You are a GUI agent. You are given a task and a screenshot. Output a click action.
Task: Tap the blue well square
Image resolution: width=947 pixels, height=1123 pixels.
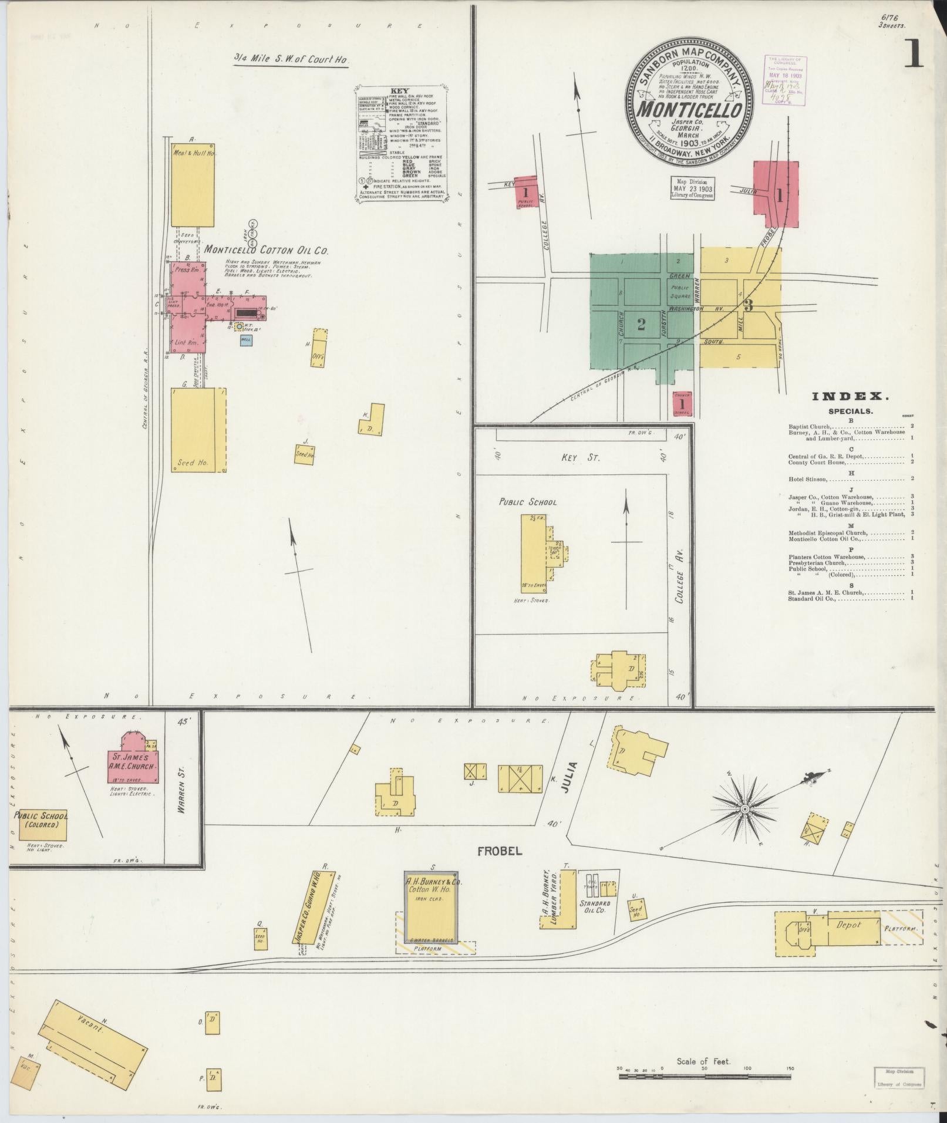247,339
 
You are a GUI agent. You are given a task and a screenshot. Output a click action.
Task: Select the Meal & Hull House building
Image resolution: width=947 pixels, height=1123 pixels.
193,185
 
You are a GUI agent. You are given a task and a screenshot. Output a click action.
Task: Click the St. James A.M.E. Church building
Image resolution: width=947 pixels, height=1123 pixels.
133,758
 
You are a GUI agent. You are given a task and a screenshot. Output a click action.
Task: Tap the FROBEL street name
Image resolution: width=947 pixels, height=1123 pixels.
491,851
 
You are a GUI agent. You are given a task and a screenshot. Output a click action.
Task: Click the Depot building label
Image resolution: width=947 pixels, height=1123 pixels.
848,925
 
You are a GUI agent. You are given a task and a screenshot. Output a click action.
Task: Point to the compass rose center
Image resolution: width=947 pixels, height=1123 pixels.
744,810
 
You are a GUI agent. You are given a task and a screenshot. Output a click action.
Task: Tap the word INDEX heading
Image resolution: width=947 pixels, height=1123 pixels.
850,397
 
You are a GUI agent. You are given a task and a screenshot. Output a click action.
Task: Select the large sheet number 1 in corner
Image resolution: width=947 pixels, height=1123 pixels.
914,55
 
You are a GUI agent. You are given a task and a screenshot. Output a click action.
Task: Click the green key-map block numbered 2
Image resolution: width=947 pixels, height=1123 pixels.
641,324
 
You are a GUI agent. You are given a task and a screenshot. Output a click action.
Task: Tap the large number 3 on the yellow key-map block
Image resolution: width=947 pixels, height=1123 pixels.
748,305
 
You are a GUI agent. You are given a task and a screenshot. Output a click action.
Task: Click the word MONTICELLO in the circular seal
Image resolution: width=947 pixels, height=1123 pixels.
689,109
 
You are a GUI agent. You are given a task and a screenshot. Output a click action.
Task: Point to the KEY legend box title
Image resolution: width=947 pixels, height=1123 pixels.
399,92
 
